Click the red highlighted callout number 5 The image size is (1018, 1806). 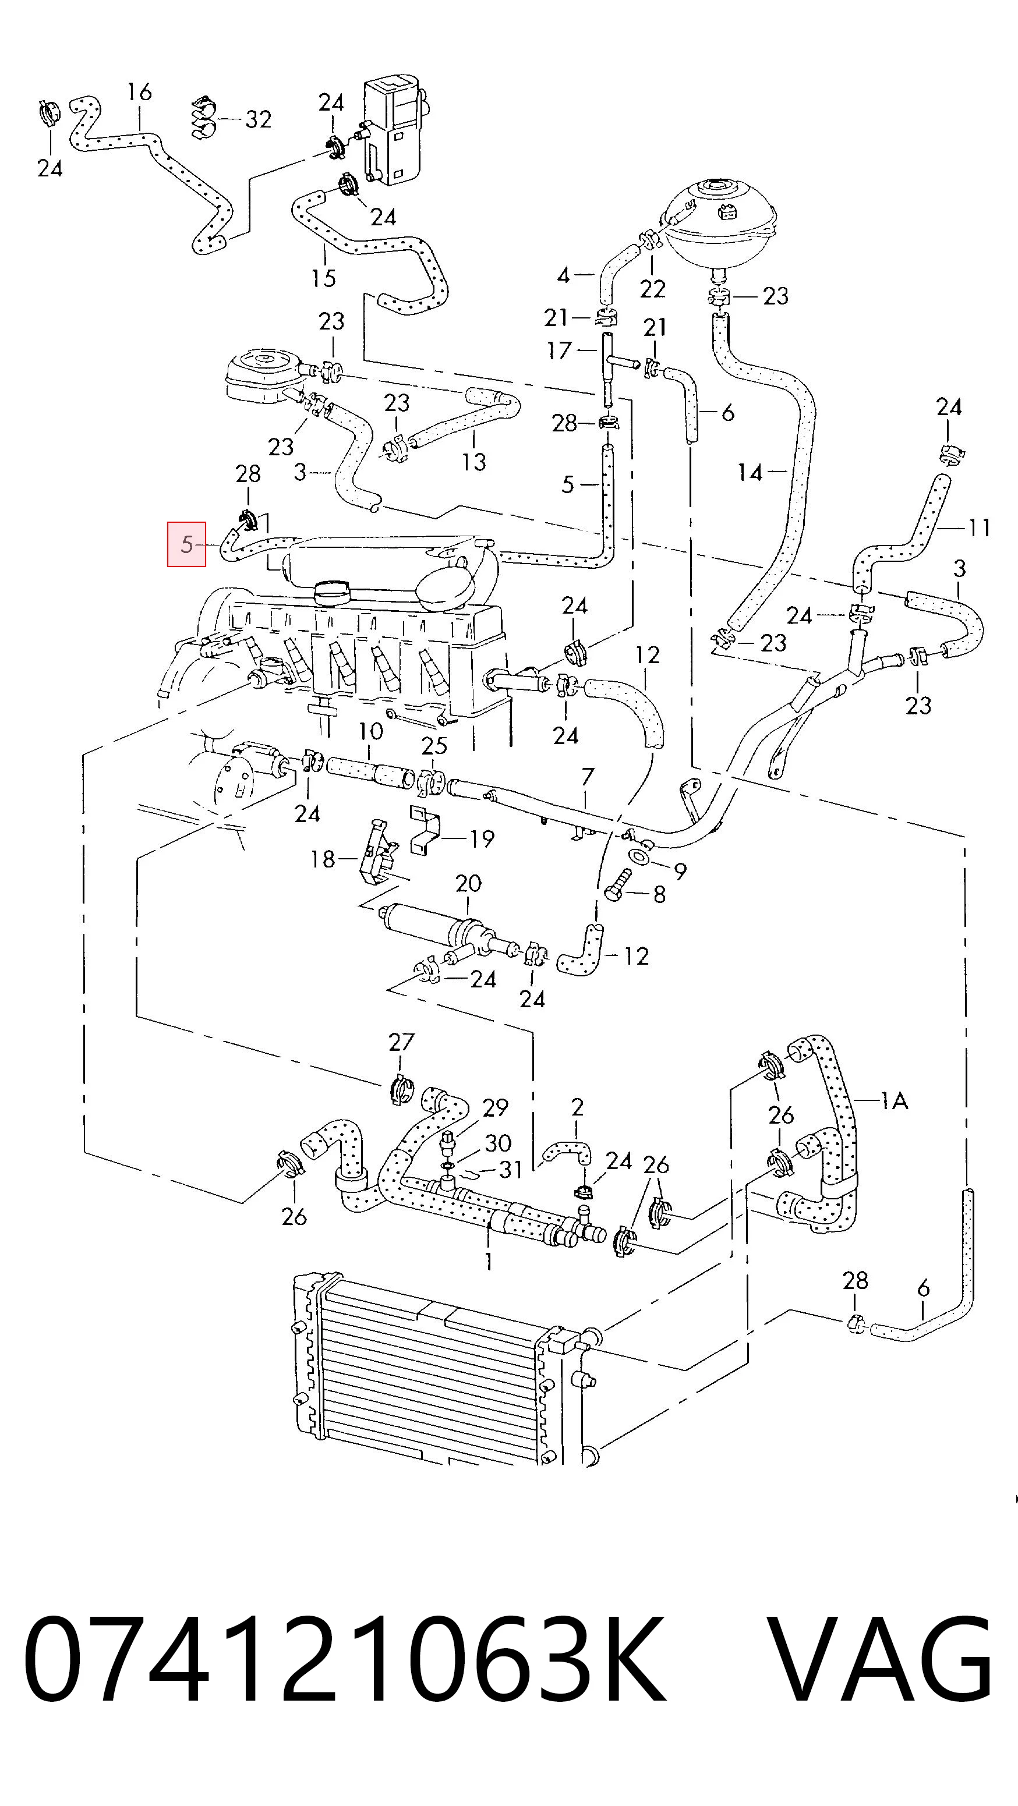point(186,544)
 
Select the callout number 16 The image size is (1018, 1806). point(140,92)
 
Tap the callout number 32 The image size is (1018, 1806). point(258,119)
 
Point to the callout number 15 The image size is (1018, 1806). point(323,278)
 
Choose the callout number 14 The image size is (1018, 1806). point(750,473)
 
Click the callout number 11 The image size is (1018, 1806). point(979,527)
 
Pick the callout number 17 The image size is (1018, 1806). point(560,350)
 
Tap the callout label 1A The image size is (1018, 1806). point(894,1102)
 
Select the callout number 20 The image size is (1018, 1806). point(468,883)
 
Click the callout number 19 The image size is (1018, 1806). point(482,838)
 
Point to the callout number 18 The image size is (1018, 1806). point(323,859)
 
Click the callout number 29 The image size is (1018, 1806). point(495,1109)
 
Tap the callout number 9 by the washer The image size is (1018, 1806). point(680,871)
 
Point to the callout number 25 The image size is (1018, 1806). point(434,745)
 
